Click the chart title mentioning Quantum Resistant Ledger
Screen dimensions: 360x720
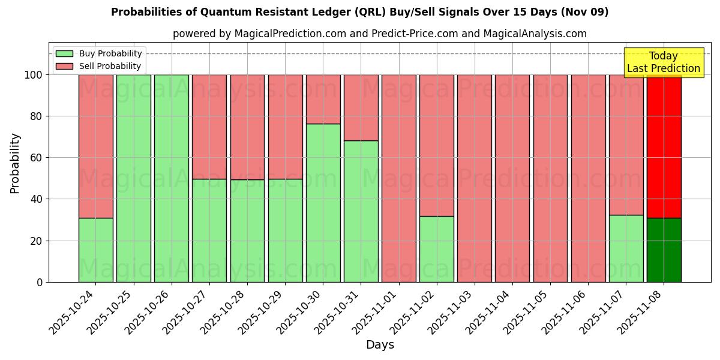pos(359,12)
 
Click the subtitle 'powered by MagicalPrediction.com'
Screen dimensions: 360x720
pos(379,34)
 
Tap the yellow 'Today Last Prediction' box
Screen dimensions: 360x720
pos(663,62)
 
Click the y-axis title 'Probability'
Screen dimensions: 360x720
pos(15,163)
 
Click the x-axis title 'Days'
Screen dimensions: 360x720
pos(380,345)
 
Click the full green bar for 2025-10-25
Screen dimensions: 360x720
pos(133,178)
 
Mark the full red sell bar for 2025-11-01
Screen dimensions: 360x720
pos(398,178)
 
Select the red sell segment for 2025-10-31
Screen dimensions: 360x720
pos(361,107)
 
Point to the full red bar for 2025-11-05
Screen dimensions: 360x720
pos(550,178)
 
